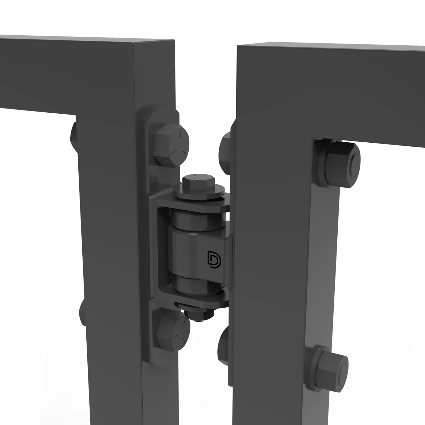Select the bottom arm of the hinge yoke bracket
197,300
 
